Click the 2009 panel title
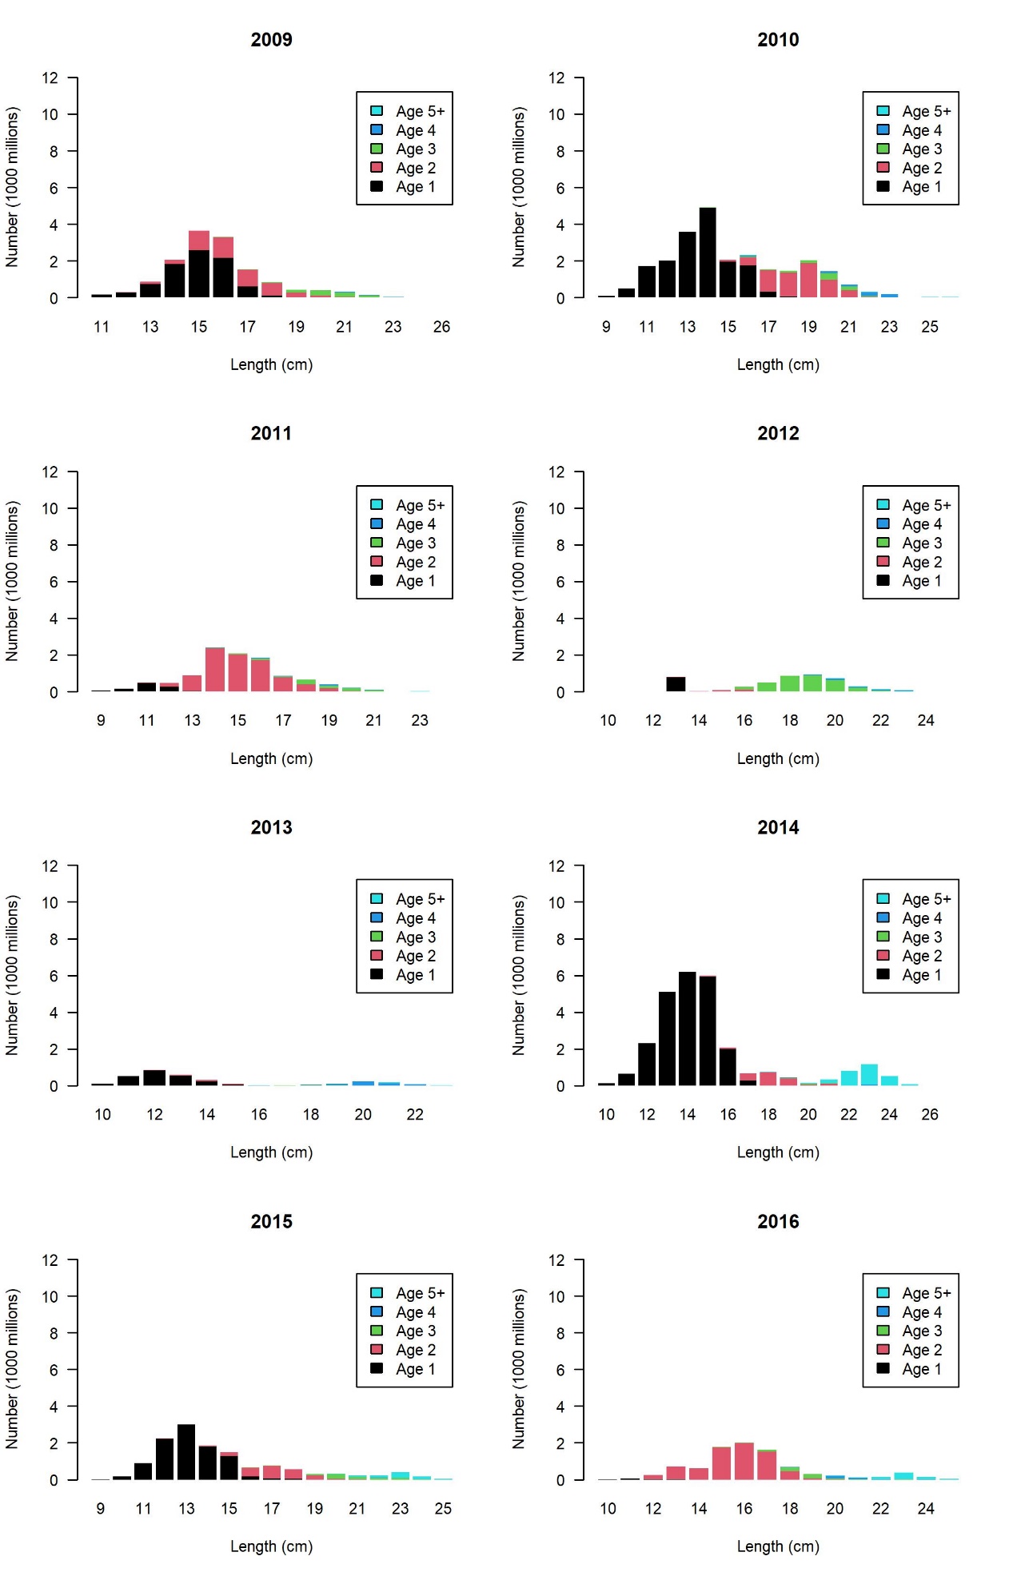coord(271,39)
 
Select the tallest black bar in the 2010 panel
coord(707,253)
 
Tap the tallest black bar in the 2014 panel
coord(687,1029)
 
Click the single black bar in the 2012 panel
coord(676,684)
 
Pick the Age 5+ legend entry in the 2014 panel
coord(914,899)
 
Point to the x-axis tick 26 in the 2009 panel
coord(441,326)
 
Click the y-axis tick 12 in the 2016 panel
coord(556,1260)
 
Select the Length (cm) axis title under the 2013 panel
coord(271,1152)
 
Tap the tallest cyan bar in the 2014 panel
coord(869,1075)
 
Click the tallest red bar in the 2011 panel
coord(214,670)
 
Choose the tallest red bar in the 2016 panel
coord(744,1462)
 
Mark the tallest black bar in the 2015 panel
coord(186,1452)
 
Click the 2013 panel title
coord(271,827)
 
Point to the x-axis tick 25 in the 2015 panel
coord(443,1508)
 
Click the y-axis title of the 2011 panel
coord(12,581)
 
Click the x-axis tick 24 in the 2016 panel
coord(925,1508)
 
